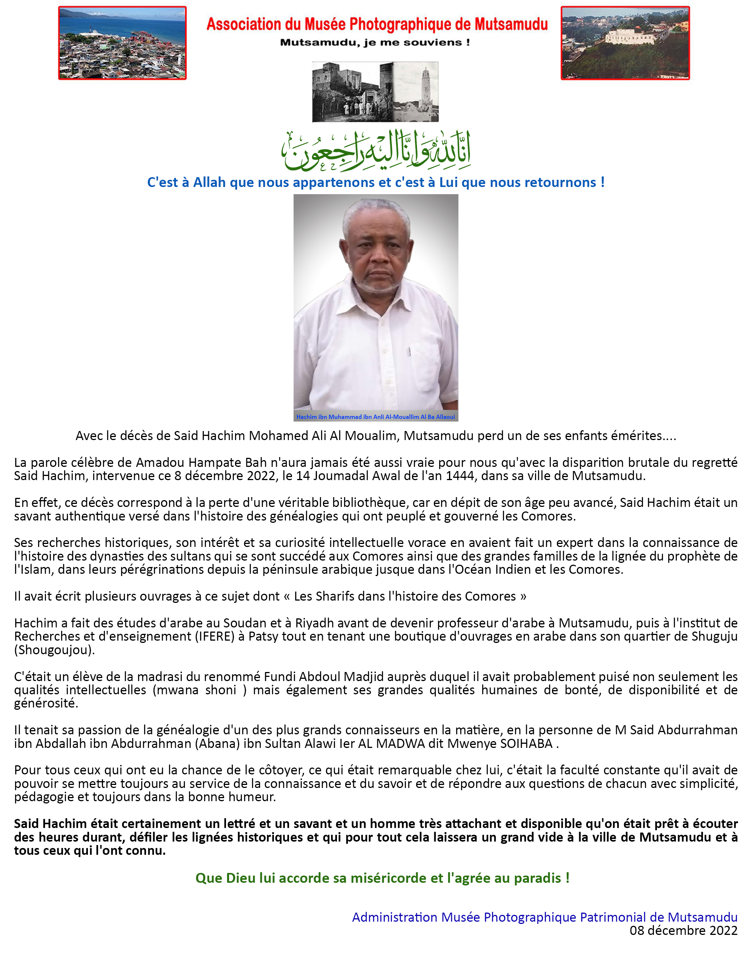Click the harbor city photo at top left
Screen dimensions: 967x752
122,43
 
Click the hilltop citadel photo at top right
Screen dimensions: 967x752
625,43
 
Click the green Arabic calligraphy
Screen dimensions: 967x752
376,151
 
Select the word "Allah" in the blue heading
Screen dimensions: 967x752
209,182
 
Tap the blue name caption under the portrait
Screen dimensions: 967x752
375,417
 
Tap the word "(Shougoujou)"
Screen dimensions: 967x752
54,650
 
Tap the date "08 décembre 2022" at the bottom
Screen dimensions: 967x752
683,930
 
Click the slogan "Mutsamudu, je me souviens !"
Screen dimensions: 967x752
375,43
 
